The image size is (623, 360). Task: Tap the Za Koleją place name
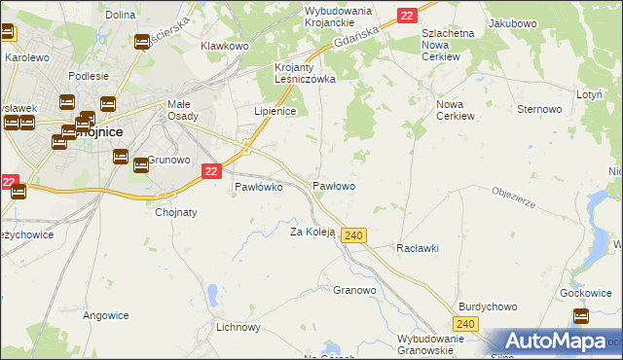pyautogui.click(x=312, y=232)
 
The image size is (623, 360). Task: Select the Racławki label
pyautogui.click(x=418, y=248)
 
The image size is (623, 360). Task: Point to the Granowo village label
pyautogui.click(x=354, y=290)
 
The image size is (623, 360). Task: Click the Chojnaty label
pyautogui.click(x=176, y=212)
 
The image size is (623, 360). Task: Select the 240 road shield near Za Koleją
pyautogui.click(x=354, y=236)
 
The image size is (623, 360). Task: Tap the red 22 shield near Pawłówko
pyautogui.click(x=211, y=171)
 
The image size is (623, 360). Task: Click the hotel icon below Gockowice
pyautogui.click(x=581, y=315)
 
